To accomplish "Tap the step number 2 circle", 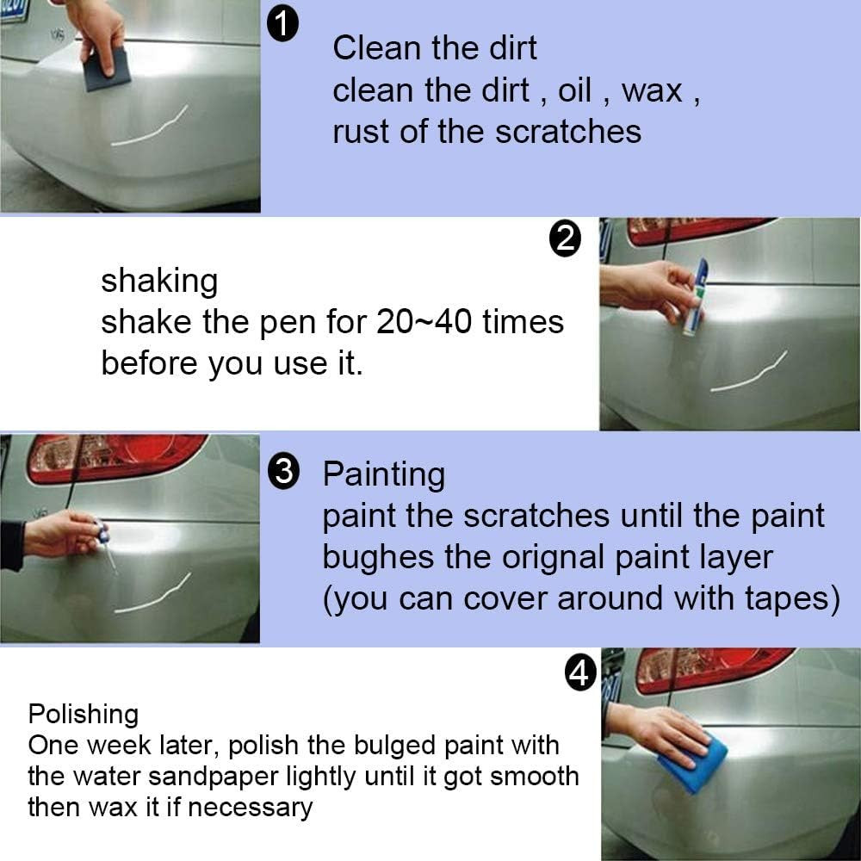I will click(x=565, y=239).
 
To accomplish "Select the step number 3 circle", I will click(x=284, y=474).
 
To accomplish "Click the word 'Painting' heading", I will click(x=383, y=474).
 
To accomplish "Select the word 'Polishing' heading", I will click(x=83, y=714).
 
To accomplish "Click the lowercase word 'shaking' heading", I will click(x=159, y=281).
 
